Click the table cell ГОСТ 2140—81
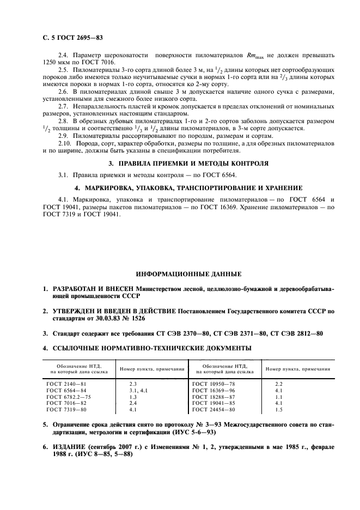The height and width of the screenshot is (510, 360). [66, 384]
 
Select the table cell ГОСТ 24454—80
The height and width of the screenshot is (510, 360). [214, 409]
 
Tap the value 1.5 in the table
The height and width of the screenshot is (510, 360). [279, 409]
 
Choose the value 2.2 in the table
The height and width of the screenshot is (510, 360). [279, 384]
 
